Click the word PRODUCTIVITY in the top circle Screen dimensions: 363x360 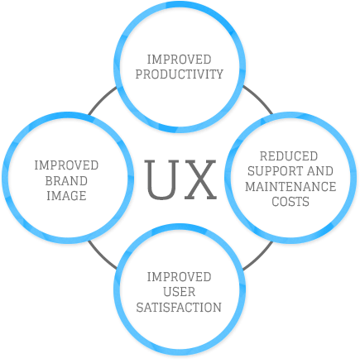pyautogui.click(x=180, y=75)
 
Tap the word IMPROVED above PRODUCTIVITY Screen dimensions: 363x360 pyautogui.click(x=180, y=61)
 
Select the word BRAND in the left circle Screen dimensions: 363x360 pyautogui.click(x=67, y=179)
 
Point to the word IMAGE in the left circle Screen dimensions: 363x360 pyautogui.click(x=67, y=193)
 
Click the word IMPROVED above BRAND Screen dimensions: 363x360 pyautogui.click(x=67, y=166)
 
